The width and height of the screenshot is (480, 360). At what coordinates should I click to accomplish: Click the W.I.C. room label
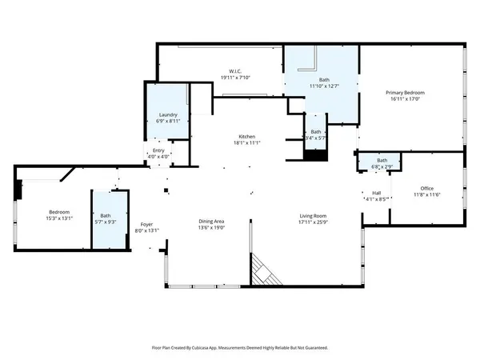[236, 70]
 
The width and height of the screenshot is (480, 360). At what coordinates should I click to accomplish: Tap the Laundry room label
[167, 114]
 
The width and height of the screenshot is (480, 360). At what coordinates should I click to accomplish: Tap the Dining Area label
[212, 222]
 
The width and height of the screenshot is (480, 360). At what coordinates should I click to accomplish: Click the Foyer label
[146, 224]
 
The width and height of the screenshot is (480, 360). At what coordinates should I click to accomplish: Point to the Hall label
[376, 193]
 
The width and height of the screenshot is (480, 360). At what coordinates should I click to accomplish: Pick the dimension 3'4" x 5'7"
[316, 138]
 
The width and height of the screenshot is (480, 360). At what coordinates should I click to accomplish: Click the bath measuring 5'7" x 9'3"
[106, 218]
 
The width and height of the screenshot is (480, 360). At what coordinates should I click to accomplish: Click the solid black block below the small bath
[317, 155]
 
